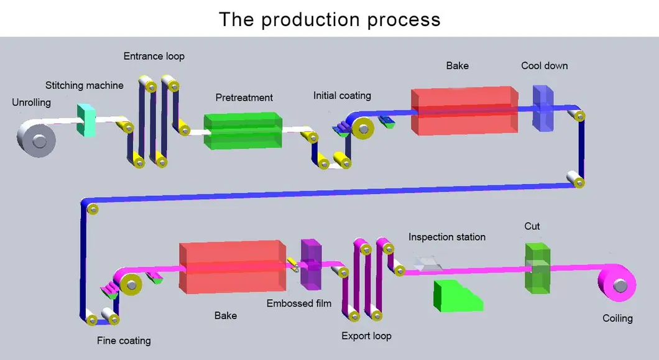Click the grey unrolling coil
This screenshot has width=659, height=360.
(36, 136)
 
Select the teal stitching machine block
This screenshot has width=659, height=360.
(85, 120)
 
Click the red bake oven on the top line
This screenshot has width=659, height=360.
(463, 110)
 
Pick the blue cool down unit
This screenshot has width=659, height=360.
(542, 108)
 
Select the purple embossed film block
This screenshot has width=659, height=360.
(310, 264)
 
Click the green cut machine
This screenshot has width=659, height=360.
(537, 268)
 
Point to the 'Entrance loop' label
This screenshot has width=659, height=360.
(154, 56)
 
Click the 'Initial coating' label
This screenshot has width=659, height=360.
(342, 95)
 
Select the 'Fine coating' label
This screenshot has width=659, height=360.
(124, 340)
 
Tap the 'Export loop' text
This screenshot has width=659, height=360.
(366, 336)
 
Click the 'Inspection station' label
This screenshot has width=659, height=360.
(446, 237)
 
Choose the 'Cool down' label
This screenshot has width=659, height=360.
(544, 65)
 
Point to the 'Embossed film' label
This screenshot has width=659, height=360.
(299, 303)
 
